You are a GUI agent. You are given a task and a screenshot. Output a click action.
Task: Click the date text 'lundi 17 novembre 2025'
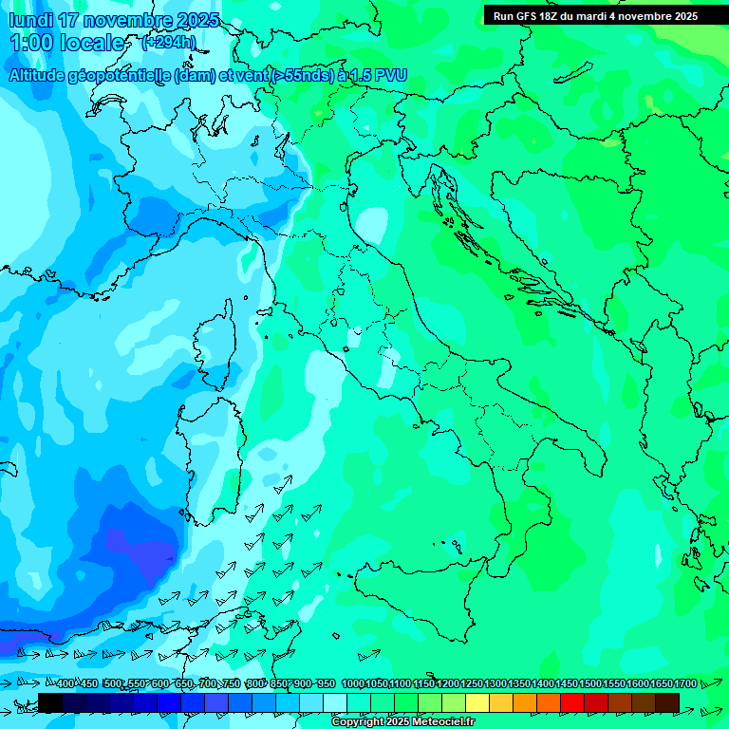point(114,20)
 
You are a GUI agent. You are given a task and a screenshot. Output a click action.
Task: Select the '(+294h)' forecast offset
point(169,43)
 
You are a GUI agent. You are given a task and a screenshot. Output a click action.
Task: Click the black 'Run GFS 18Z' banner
point(595,16)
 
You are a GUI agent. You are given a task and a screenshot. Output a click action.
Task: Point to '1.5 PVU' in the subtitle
point(373,77)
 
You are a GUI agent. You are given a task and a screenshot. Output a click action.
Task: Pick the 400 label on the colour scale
point(66,684)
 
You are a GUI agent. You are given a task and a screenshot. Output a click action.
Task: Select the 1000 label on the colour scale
point(352,684)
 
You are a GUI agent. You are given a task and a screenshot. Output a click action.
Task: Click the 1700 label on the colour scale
point(686,684)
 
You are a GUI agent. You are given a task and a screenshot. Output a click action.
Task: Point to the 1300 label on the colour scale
point(495,684)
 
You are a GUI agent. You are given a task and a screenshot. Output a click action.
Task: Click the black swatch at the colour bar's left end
point(49,702)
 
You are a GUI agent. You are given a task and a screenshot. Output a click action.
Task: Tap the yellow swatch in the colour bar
point(477,702)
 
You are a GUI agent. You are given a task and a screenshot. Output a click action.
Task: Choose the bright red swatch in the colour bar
point(572,702)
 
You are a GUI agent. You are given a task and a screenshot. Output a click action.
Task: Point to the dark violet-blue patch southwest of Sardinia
point(133,551)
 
